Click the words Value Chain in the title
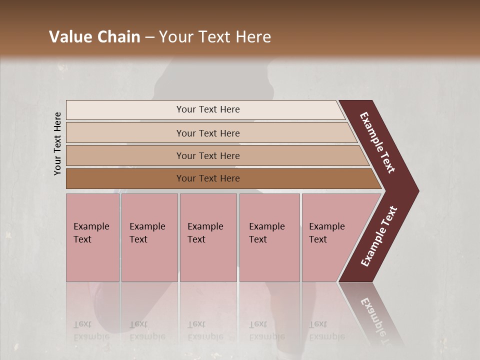pyautogui.click(x=94, y=37)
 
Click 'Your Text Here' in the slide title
pyautogui.click(x=215, y=37)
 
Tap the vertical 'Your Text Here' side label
pyautogui.click(x=57, y=143)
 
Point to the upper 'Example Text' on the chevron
pyautogui.click(x=377, y=142)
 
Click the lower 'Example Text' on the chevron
pyautogui.click(x=379, y=236)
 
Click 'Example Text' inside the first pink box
pyautogui.click(x=91, y=232)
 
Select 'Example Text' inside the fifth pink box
pyautogui.click(x=326, y=232)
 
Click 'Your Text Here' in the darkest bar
pyautogui.click(x=208, y=178)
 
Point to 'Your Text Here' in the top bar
pyautogui.click(x=208, y=109)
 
